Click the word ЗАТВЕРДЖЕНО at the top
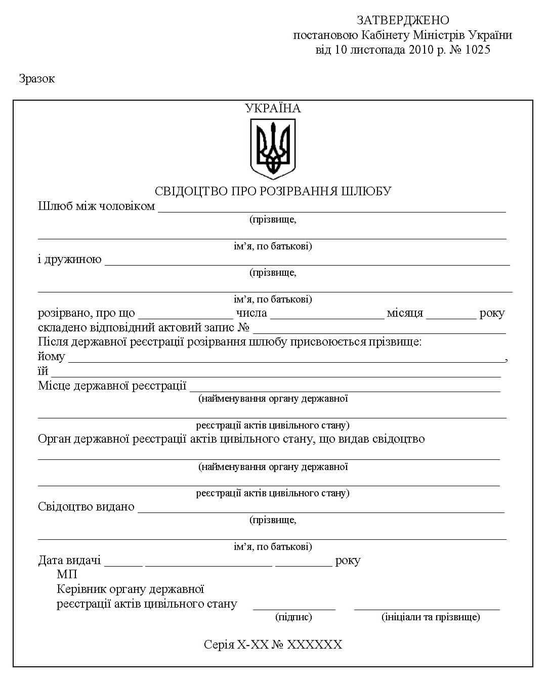(x=403, y=20)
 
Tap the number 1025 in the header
(x=476, y=50)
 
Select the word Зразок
(x=36, y=79)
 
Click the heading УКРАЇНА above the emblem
(x=273, y=108)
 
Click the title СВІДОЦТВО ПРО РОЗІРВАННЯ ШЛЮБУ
(x=273, y=191)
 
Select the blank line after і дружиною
(x=307, y=263)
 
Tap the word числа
(x=251, y=313)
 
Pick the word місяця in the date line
(x=405, y=313)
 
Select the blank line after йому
(x=286, y=360)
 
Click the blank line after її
(x=276, y=374)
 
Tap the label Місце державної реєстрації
(x=112, y=386)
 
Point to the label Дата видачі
(x=69, y=561)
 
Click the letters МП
(x=67, y=575)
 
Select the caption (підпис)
(x=293, y=617)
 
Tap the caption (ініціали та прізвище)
(x=431, y=617)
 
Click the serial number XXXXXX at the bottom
(x=314, y=645)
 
